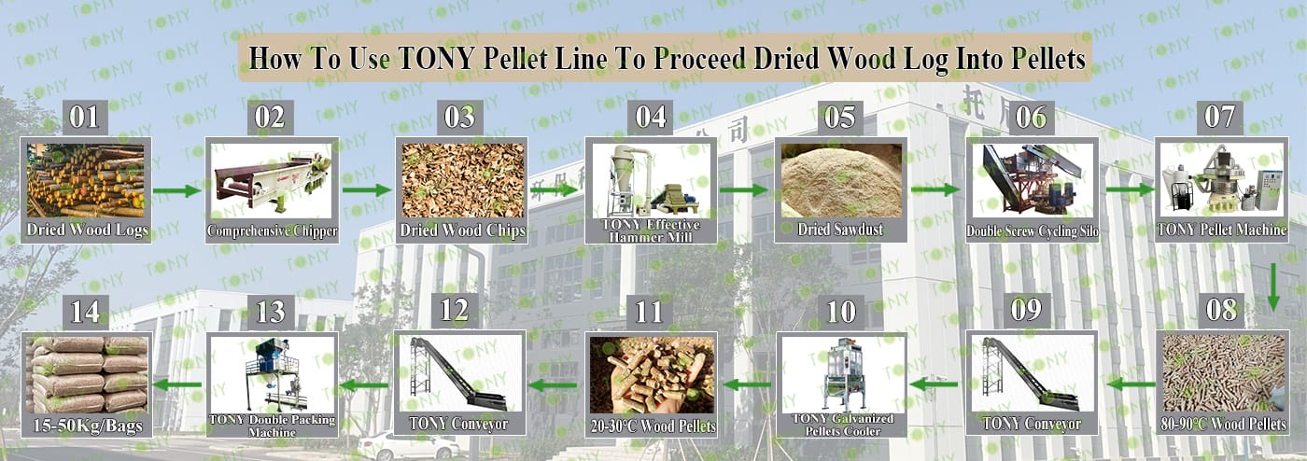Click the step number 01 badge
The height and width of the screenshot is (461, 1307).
(85, 118)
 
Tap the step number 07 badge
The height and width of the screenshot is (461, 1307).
(1219, 118)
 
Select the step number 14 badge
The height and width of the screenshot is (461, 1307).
(85, 312)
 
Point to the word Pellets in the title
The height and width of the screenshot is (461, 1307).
(1047, 59)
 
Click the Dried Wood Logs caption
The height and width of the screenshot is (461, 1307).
(87, 230)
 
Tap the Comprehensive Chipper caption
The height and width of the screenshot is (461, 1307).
(272, 231)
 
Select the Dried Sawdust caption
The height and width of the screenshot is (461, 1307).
(840, 230)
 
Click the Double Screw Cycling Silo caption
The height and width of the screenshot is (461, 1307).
(1032, 231)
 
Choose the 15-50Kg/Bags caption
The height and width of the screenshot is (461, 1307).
(88, 426)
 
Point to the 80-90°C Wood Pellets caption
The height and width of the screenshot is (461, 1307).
(1223, 425)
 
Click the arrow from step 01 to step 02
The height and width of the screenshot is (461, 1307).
(176, 190)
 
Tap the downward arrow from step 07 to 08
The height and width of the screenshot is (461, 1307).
(1273, 287)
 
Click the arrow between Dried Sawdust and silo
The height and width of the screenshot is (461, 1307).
(935, 189)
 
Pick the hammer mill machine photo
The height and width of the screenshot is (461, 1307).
(652, 180)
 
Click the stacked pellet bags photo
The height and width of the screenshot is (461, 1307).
(87, 375)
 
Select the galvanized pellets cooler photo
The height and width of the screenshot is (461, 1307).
(841, 374)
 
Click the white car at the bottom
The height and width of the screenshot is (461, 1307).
(409, 446)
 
